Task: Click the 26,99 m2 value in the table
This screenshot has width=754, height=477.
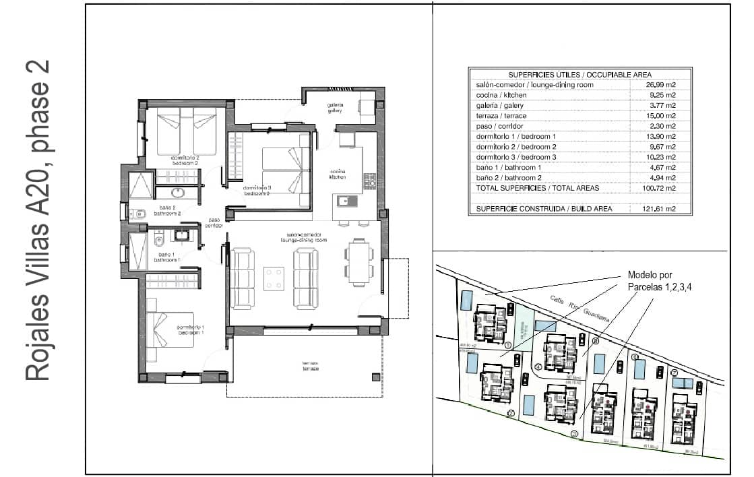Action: click(x=661, y=85)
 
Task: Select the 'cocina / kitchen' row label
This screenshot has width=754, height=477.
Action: click(x=502, y=95)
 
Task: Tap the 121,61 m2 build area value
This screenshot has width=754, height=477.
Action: click(x=661, y=209)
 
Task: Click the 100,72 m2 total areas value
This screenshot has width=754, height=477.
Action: click(x=661, y=188)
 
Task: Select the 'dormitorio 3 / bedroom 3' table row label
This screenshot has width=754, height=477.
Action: click(x=516, y=157)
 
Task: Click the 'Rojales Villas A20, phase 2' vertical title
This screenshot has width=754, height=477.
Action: click(x=38, y=221)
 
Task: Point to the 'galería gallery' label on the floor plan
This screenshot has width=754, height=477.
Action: click(x=336, y=108)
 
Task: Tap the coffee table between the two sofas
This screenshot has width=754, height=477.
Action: click(x=273, y=278)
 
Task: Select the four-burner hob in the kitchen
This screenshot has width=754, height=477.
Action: click(x=369, y=181)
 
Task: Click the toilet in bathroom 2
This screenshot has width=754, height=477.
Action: click(x=139, y=214)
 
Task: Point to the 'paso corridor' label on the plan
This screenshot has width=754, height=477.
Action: click(x=214, y=222)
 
